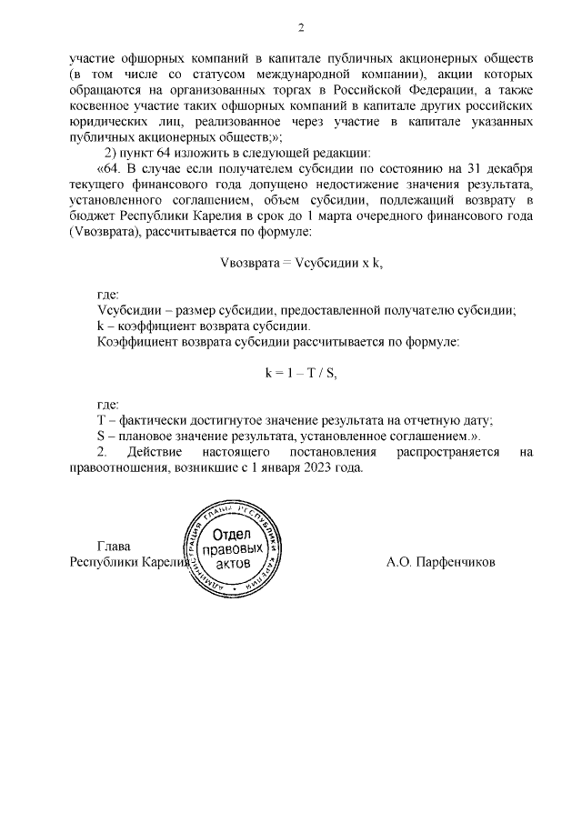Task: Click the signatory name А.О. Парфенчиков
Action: (440, 562)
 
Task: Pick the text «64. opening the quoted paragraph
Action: (110, 170)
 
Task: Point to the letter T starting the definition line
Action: (100, 420)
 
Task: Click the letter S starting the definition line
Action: (100, 436)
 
